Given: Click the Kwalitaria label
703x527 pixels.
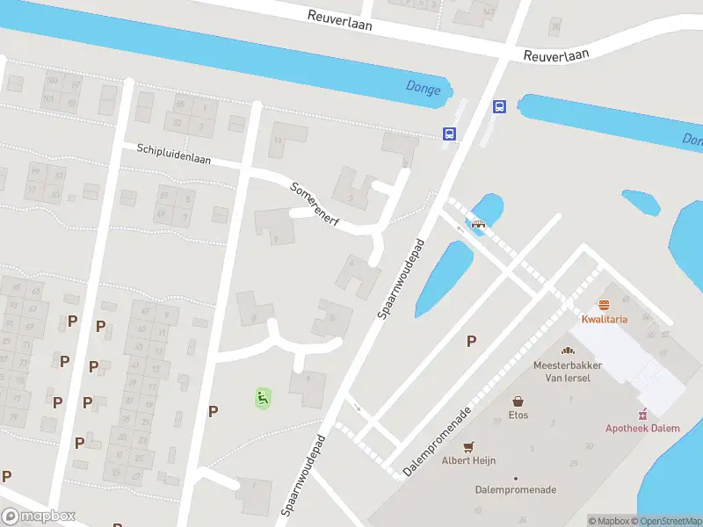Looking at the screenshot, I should (x=604, y=319).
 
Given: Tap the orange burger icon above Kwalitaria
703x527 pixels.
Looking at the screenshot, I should (x=604, y=305).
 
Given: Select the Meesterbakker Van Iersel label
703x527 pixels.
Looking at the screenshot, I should (x=562, y=371).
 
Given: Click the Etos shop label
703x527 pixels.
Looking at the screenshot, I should (x=518, y=415).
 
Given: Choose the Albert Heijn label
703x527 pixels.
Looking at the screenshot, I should (x=468, y=460).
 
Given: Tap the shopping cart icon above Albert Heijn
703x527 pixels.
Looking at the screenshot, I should (x=468, y=446).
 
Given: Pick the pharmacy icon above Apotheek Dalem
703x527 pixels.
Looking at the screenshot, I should (x=642, y=413).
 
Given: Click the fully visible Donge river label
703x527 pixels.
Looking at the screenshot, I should (x=424, y=86).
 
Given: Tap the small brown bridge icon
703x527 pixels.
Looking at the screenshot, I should (x=479, y=223).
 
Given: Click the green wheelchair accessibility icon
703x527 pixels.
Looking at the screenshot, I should (x=262, y=398).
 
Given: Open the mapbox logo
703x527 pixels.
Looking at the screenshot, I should (x=39, y=516).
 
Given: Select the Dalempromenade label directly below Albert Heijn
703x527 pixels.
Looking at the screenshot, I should (x=515, y=490).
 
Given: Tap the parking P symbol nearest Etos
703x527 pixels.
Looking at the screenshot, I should (x=471, y=342).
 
